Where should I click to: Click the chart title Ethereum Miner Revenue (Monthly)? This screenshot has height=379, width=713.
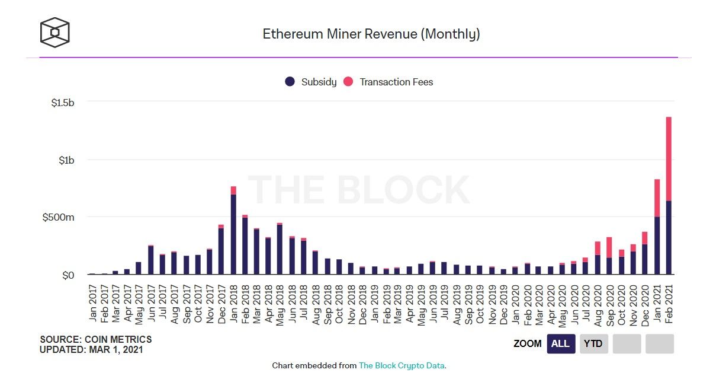[x=371, y=34]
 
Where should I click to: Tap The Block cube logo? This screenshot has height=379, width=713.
[x=55, y=32]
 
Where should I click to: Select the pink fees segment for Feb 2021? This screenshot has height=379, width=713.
[x=669, y=159]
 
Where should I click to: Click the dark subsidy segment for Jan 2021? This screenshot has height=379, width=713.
[x=657, y=246]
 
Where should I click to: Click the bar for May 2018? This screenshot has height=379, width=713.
[x=280, y=249]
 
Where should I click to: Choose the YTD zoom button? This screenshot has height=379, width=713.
[x=593, y=343]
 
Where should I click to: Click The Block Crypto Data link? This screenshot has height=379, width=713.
[x=402, y=365]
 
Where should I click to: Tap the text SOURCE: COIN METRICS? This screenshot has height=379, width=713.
[x=96, y=340]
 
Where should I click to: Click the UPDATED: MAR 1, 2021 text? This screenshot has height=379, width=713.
[x=91, y=349]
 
